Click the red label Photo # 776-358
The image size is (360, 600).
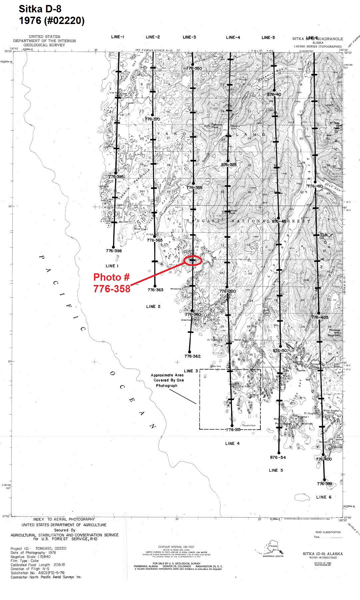tap(112, 283)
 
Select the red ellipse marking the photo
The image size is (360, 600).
tap(193, 260)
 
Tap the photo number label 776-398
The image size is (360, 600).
tap(114, 251)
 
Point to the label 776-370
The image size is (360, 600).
tap(152, 119)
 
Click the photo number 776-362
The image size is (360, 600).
tap(192, 356)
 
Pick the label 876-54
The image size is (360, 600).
tap(278, 457)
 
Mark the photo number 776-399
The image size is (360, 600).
tap(324, 484)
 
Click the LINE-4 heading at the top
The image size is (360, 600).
tap(233, 37)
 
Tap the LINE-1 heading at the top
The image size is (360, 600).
tap(118, 37)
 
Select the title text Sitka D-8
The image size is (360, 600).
tap(40, 9)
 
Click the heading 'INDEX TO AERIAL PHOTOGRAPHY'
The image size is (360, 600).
tap(64, 519)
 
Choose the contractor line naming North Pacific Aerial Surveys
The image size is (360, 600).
tap(46, 577)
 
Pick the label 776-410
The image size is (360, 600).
tap(315, 186)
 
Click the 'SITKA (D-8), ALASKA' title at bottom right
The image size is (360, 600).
tap(322, 554)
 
